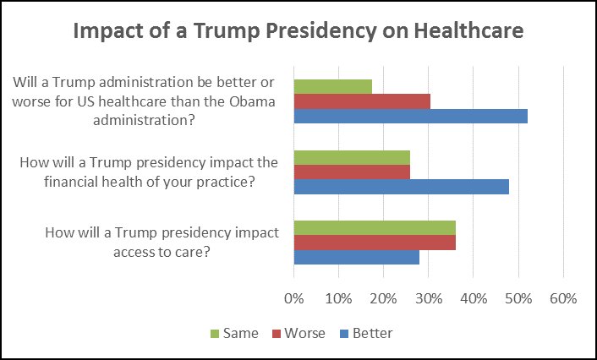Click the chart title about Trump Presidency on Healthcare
298,31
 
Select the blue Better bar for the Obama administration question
410,116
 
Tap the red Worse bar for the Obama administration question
362,101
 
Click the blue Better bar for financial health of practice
401,186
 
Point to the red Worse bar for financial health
352,172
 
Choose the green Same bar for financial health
352,156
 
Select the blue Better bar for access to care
356,257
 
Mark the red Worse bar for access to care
375,243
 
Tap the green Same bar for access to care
375,227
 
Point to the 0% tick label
293,298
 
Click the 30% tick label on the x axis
428,298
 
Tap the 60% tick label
562,298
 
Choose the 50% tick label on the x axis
518,298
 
